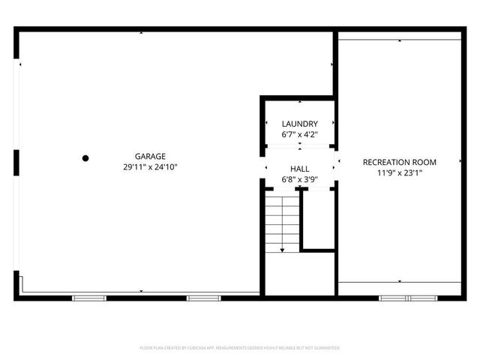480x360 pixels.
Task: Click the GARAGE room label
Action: click(139, 157)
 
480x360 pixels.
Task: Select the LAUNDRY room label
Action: click(299, 124)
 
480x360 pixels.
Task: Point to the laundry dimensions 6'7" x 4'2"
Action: click(299, 134)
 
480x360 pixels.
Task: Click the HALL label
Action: click(299, 169)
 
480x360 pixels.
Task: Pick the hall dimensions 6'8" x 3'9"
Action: click(299, 180)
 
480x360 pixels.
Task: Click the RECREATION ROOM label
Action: click(399, 162)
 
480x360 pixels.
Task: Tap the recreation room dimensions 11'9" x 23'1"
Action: click(399, 172)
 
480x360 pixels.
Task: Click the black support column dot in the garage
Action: click(85, 157)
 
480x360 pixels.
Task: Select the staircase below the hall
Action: click(282, 221)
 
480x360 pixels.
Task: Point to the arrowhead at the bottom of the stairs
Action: click(282, 250)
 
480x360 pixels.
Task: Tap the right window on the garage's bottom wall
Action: click(199, 298)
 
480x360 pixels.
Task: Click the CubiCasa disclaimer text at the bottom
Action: click(240, 348)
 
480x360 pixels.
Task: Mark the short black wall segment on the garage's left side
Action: click(16, 162)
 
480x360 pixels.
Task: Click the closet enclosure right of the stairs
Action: click(316, 220)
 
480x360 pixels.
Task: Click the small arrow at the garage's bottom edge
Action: click(141, 291)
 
